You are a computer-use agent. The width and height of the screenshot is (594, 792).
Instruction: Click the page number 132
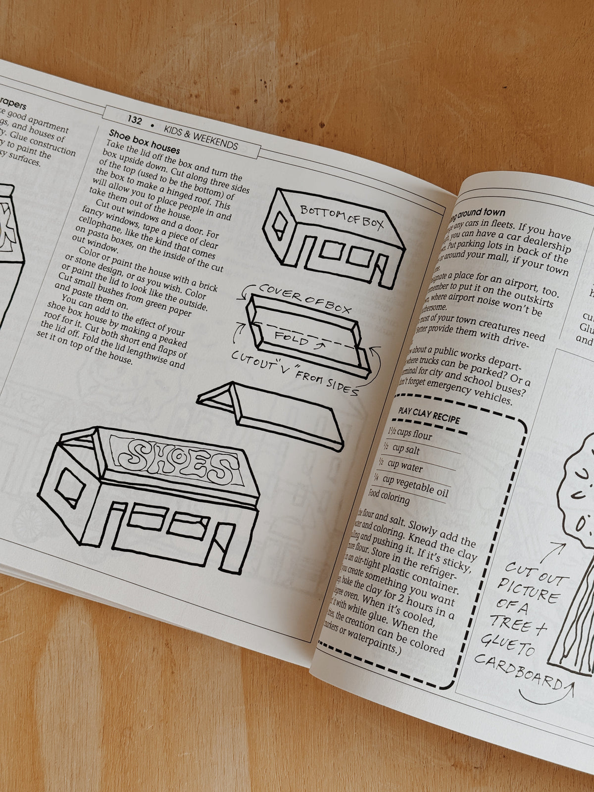[135, 120]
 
